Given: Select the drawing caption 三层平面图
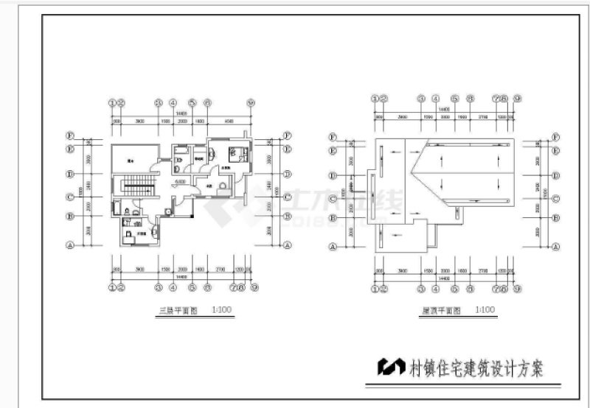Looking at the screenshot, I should pos(178,311).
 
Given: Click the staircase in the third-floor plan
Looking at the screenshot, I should pos(136,186).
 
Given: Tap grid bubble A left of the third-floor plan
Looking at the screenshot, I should pos(71,247).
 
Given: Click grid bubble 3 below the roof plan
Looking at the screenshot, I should pos(421,289).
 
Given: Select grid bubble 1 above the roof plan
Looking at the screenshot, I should pos(375,98).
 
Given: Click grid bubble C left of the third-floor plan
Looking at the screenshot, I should pos(71,196).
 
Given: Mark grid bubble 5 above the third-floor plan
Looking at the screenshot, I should pos(191,103).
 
